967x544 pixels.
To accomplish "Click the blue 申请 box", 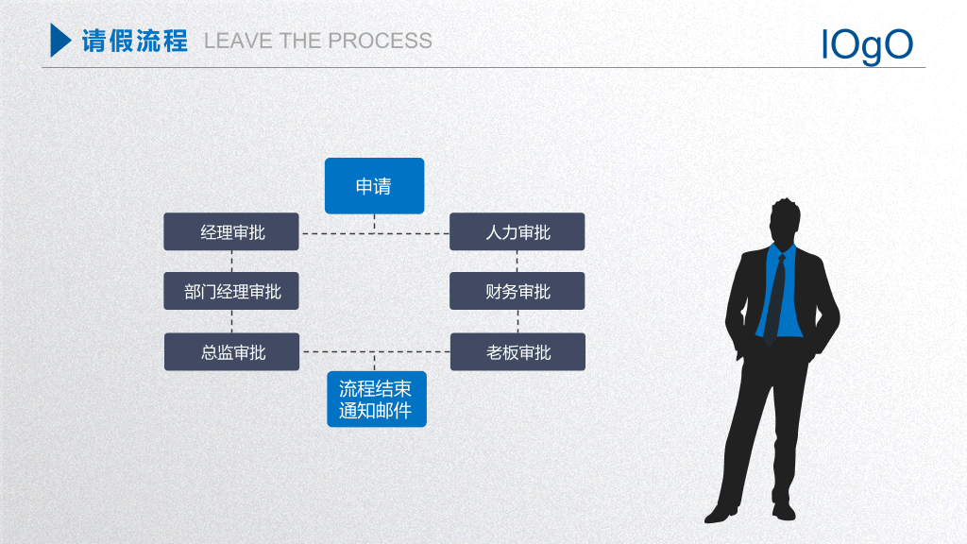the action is [x=374, y=186].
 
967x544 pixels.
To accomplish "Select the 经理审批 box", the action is [x=231, y=232].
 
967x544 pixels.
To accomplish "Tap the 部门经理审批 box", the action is [x=231, y=291].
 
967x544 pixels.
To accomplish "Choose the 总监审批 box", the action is [x=232, y=351].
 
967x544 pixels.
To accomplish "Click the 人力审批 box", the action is [x=517, y=232].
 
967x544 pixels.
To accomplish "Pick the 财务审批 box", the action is [x=517, y=291].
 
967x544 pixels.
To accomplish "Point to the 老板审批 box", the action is [x=517, y=351].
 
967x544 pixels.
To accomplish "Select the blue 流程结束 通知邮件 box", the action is [x=377, y=399].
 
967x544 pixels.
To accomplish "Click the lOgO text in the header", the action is [x=867, y=45].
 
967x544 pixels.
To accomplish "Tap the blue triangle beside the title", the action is [x=59, y=40].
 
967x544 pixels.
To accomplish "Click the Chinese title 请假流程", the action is [x=134, y=42].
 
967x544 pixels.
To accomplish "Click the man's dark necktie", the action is [x=775, y=299].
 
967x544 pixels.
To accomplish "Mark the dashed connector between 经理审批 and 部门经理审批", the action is [x=232, y=262].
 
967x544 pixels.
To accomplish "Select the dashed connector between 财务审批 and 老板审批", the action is [x=517, y=321].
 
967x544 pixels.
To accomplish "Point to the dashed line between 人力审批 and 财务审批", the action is [x=517, y=262].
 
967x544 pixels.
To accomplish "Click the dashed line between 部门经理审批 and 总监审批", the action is [x=232, y=321].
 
